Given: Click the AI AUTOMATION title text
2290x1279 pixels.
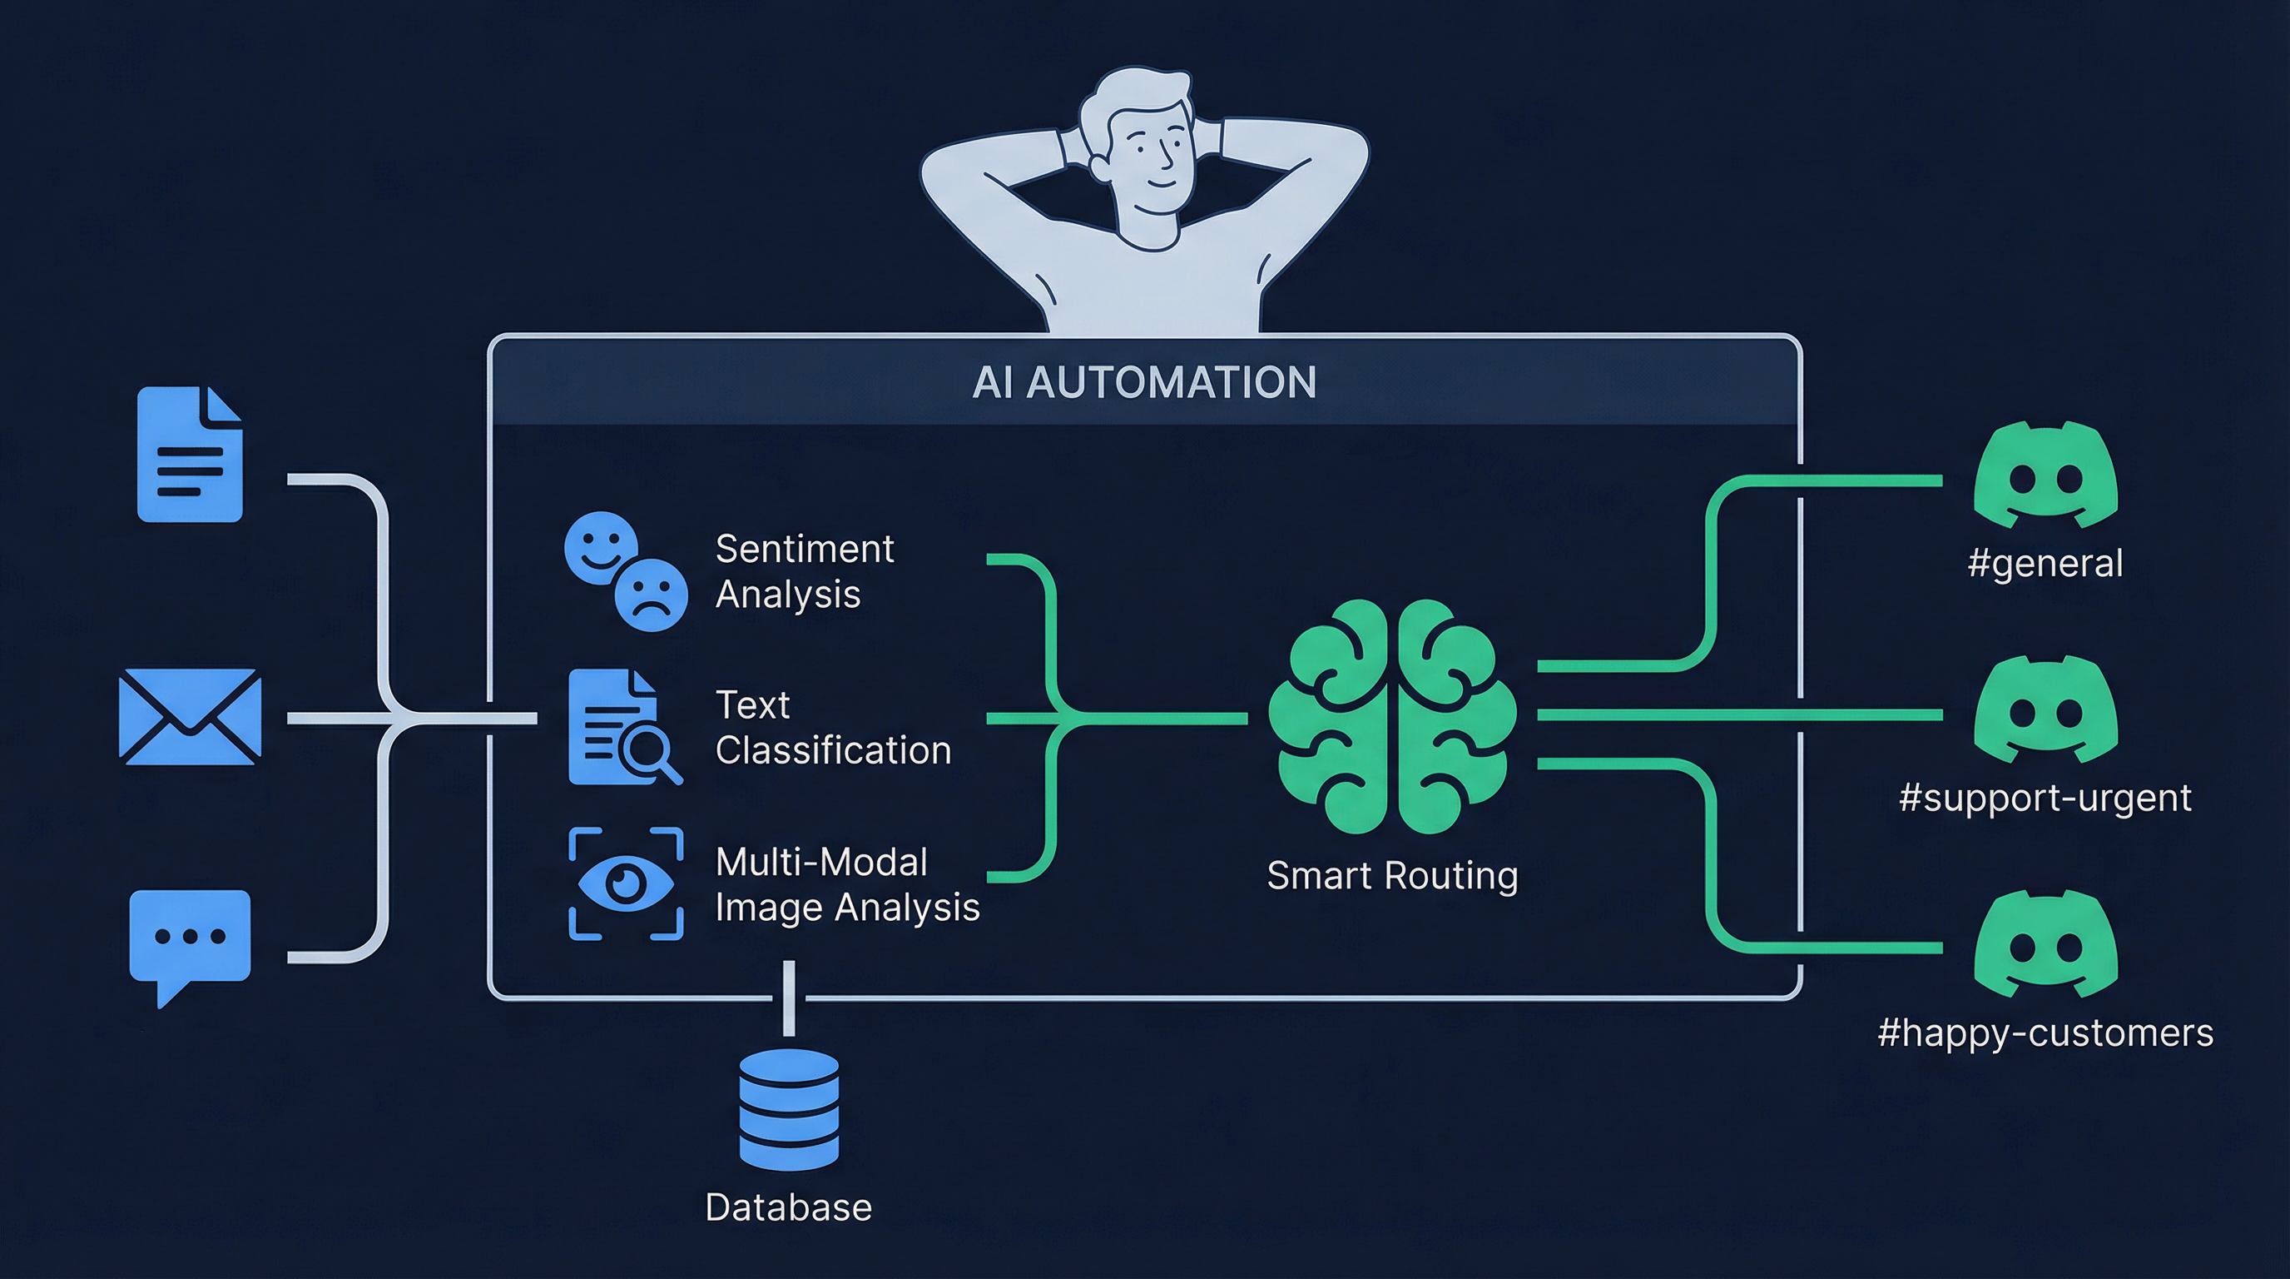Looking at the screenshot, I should click(x=1144, y=382).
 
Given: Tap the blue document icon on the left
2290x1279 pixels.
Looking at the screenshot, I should click(x=190, y=455).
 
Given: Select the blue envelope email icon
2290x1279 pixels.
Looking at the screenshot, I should click(x=190, y=717).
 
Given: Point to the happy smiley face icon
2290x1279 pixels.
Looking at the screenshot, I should click(x=601, y=547).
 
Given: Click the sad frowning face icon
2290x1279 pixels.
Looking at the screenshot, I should click(x=652, y=595).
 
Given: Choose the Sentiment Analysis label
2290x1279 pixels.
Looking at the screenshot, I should click(x=804, y=571).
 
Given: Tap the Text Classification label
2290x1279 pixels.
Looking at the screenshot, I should click(x=832, y=728).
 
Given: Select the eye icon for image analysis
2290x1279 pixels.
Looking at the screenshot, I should click(x=626, y=883).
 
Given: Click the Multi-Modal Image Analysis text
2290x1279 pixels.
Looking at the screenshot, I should click(x=846, y=885).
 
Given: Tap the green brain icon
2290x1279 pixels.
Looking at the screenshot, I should click(x=1392, y=717).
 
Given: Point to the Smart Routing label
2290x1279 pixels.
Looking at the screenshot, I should click(x=1392, y=876).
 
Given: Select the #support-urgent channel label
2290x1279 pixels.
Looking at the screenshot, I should click(x=2045, y=798).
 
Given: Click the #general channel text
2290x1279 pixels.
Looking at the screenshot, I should click(x=2045, y=564).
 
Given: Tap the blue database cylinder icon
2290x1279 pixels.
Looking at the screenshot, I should click(x=789, y=1109).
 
